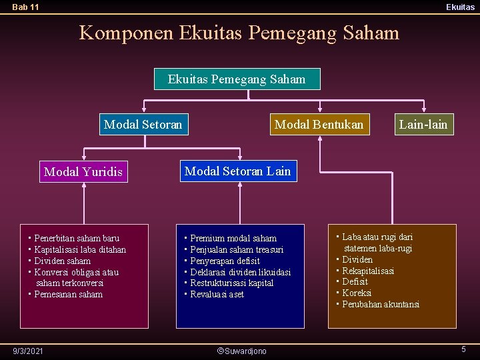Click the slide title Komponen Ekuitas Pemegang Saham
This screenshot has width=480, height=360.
pos(239,32)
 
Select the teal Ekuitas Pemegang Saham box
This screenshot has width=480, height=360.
pos(237,79)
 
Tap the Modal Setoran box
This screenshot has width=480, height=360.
pos(143,124)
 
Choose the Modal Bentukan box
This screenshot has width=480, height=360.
pos(319,124)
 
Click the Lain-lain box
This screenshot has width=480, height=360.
pos(423,124)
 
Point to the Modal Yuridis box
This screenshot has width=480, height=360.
pos(83,172)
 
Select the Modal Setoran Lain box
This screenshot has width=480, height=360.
pos(237,171)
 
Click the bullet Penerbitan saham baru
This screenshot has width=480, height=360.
pos(77,238)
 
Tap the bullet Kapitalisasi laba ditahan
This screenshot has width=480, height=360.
pos(80,249)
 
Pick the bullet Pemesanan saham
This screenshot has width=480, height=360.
pos(68,294)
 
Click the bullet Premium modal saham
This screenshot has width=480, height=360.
pos(233,238)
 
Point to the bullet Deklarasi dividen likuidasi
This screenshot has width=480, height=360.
pos(241,272)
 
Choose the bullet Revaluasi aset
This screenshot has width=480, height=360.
pos(217,294)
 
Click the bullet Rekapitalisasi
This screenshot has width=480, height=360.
pos(368,271)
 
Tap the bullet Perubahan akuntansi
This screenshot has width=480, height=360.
pos(381,304)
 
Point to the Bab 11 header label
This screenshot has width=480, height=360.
pos(25,7)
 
